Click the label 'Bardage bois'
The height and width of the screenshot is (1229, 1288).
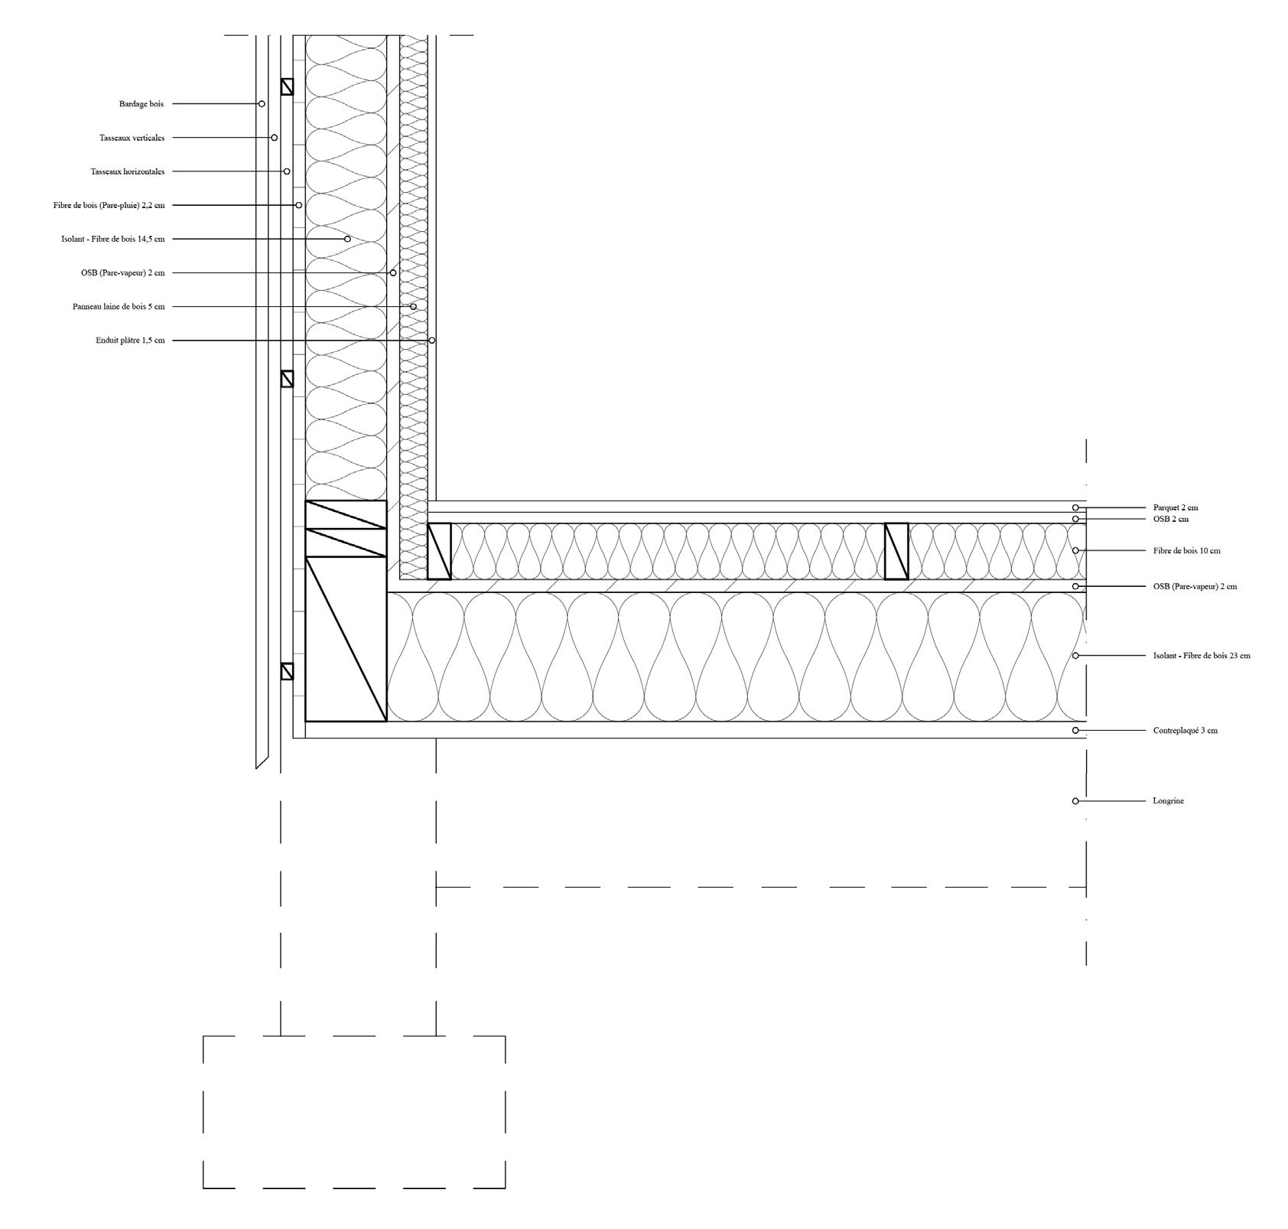pos(141,104)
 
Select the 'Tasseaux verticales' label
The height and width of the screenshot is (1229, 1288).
pos(132,138)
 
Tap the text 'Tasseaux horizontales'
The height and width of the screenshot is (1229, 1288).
pos(127,171)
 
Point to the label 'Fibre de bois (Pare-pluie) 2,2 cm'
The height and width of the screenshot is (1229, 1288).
pos(109,205)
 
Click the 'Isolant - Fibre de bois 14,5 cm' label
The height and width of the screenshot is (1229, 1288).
pos(112,239)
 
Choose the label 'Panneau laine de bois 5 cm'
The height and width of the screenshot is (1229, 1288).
pos(119,307)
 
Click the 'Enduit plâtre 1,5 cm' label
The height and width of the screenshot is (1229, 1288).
pos(130,341)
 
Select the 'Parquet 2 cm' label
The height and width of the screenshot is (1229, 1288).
pos(1176,507)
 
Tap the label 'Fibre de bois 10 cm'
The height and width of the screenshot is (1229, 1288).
pos(1186,550)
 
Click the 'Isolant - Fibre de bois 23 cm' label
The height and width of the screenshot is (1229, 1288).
pos(1202,656)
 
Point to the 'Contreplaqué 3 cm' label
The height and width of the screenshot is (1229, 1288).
pos(1185,731)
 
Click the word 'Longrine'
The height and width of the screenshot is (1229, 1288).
pos(1168,801)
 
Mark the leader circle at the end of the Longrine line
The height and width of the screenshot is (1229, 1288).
pos(1075,801)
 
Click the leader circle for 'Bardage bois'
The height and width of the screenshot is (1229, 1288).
pos(262,104)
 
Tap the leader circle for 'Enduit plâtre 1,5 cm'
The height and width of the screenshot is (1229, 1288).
pos(432,341)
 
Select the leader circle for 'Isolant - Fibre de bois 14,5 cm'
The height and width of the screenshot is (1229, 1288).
pos(347,239)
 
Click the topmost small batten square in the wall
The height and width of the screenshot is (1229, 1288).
pos(287,86)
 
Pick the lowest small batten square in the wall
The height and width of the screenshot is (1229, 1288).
pos(287,671)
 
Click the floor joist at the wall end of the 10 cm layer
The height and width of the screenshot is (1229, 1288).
pos(439,551)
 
